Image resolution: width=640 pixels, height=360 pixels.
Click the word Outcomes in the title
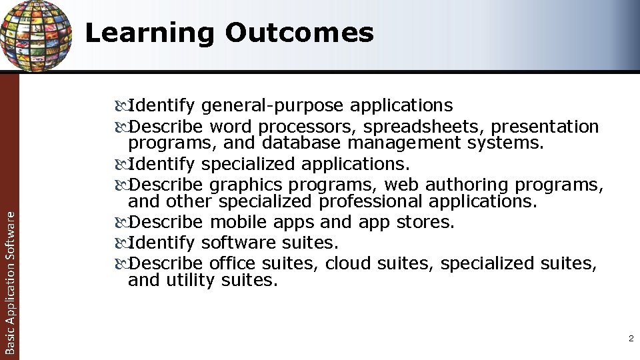point(299,33)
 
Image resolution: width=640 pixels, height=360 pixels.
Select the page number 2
point(630,339)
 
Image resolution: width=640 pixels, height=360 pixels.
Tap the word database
point(302,143)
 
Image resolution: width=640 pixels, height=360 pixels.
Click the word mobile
point(237,222)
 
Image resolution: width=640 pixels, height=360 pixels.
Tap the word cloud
point(348,263)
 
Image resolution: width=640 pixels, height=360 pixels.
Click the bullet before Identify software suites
point(121,243)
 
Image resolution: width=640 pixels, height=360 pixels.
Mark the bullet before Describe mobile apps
point(121,222)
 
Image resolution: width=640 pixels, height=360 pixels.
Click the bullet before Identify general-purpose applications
point(121,105)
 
